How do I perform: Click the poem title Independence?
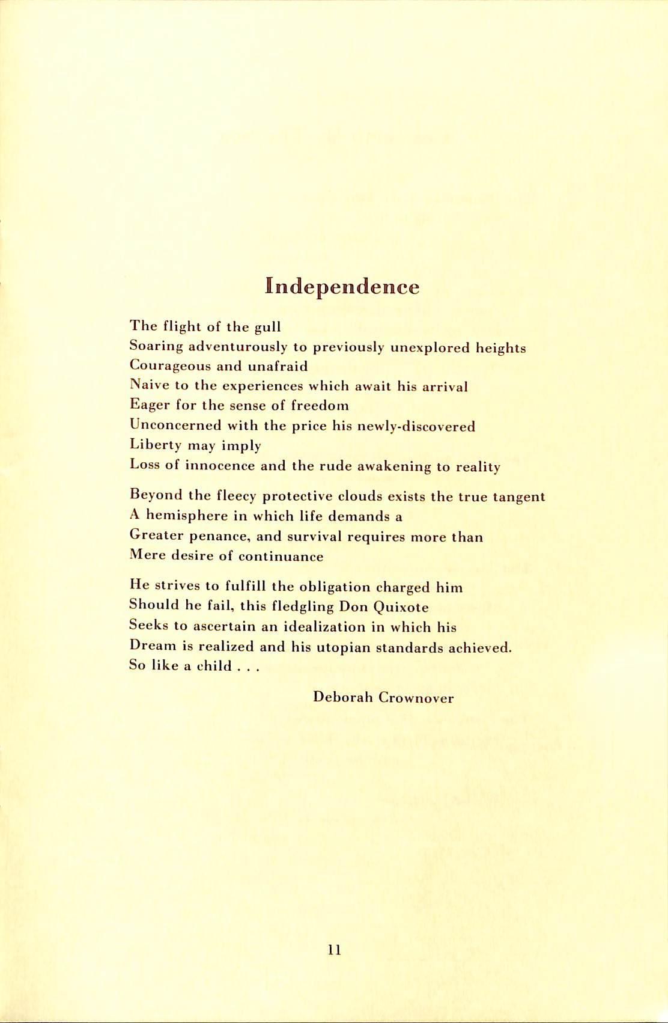point(342,287)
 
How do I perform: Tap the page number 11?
point(335,950)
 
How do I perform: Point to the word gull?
point(268,328)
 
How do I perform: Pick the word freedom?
point(320,406)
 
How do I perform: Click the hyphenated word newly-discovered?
point(416,427)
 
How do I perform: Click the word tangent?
point(519,497)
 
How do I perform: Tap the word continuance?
point(281,557)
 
